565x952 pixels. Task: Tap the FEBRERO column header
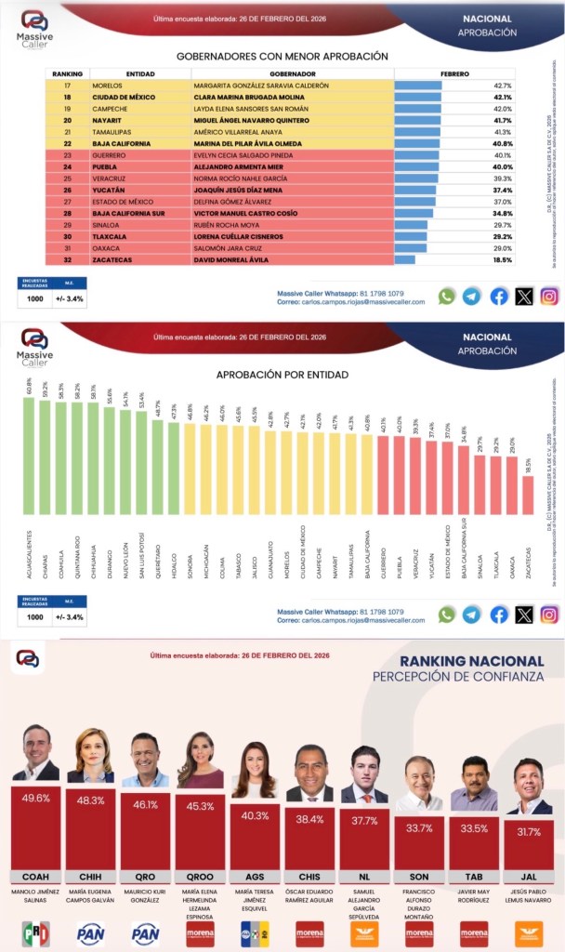[454, 73]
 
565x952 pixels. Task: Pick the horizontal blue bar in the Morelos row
[418, 85]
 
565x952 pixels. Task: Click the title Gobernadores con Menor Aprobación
[282, 56]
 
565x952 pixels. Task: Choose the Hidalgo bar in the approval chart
[173, 470]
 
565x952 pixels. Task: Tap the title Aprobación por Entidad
[282, 375]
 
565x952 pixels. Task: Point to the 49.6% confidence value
[35, 799]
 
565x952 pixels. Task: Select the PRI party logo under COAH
[35, 932]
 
